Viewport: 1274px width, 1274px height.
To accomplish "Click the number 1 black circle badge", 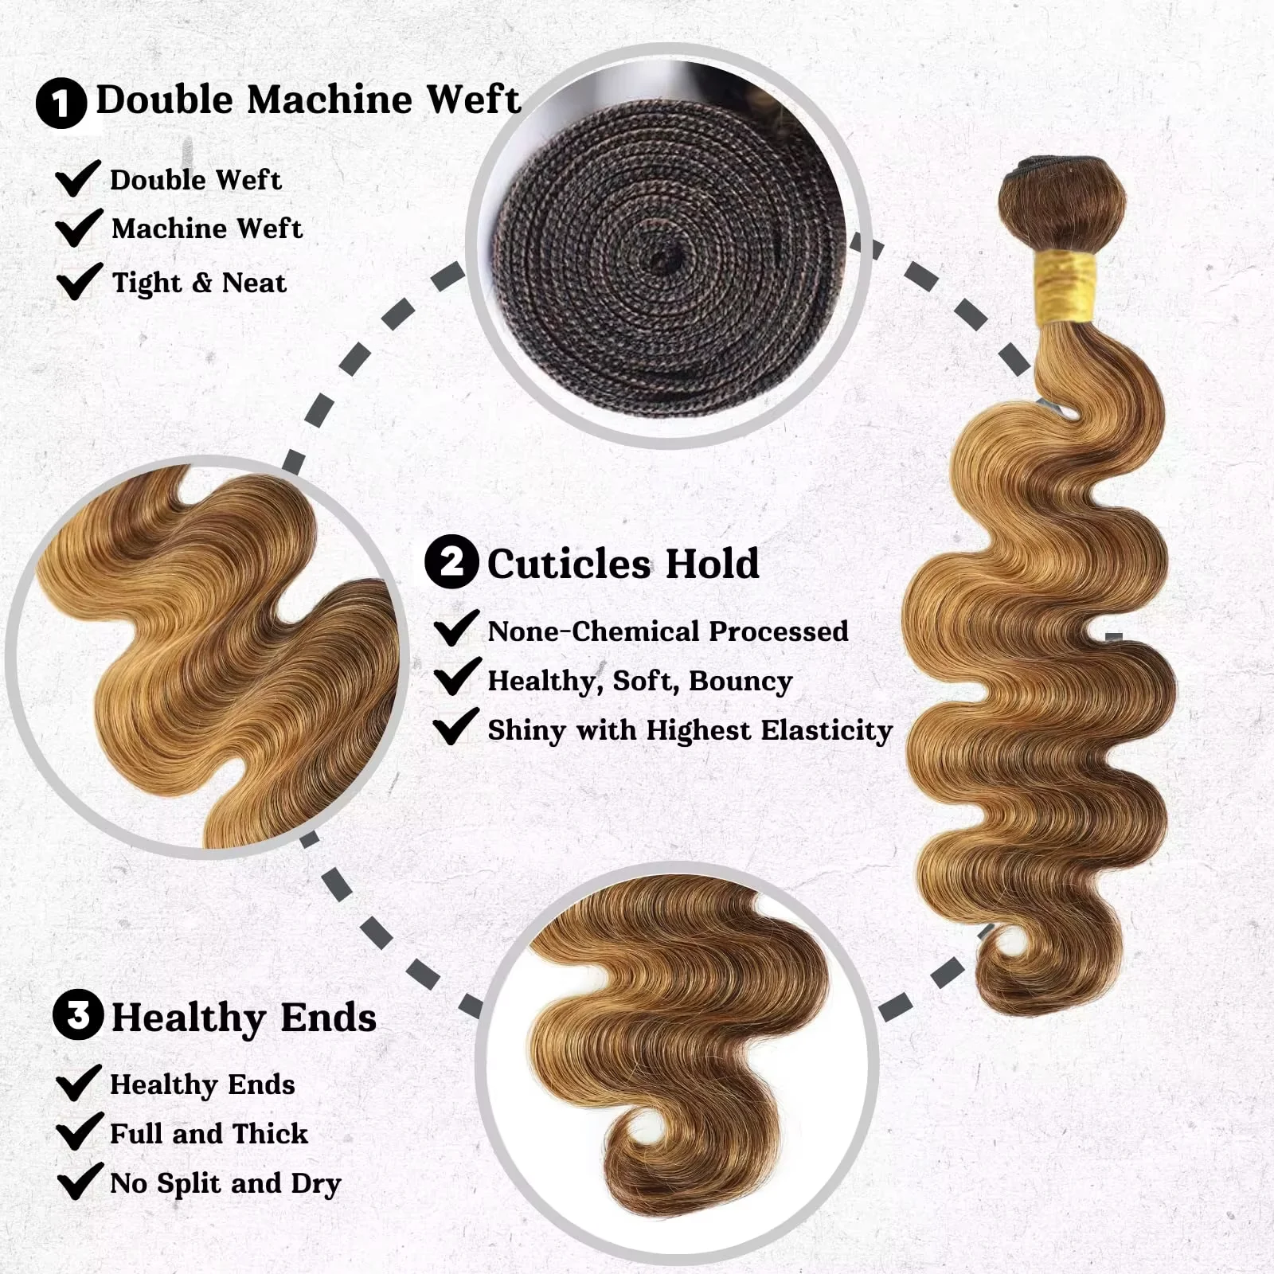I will pyautogui.click(x=61, y=103).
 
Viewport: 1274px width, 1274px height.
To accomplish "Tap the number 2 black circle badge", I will pyautogui.click(x=451, y=562).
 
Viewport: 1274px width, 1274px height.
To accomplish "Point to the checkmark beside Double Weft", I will pyautogui.click(x=78, y=178).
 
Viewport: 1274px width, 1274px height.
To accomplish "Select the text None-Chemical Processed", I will pyautogui.click(x=667, y=631).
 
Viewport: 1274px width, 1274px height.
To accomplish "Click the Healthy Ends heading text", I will pyautogui.click(x=244, y=1018).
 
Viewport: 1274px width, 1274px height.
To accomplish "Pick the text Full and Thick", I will pyautogui.click(x=209, y=1133).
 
